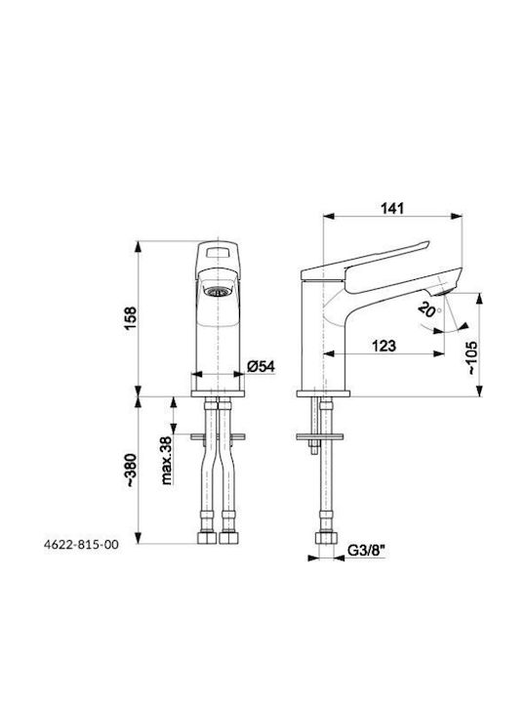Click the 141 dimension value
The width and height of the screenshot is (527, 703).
coord(392,208)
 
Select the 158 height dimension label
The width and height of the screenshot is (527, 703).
coord(130,318)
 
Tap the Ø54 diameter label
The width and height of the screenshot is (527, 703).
coord(261,366)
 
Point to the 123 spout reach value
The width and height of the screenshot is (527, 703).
coord(385,346)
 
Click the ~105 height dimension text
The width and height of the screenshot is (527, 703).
coord(471,357)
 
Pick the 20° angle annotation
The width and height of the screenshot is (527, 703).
coord(429,309)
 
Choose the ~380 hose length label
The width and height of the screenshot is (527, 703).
coord(130,471)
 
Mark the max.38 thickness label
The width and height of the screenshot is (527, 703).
coord(166,461)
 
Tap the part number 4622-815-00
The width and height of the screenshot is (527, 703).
coord(81,544)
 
